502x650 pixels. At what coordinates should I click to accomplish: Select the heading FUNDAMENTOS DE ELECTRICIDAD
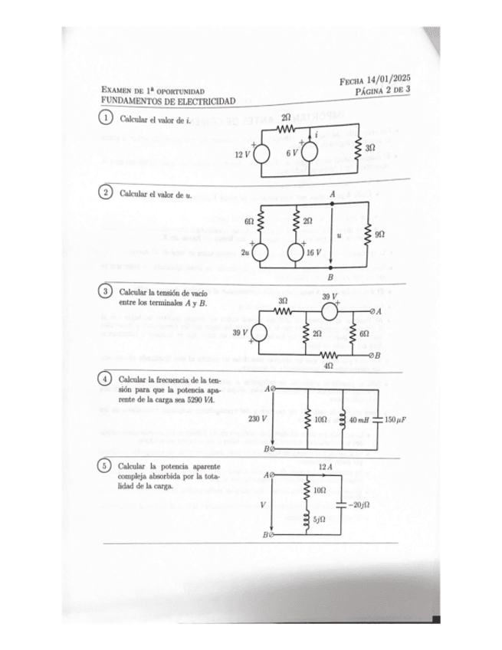(169, 101)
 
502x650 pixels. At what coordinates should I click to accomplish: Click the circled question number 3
(107, 292)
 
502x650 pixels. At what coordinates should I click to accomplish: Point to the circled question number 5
(107, 466)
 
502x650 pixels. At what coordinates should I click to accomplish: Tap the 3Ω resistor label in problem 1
(369, 146)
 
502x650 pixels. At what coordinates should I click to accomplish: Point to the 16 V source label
(312, 251)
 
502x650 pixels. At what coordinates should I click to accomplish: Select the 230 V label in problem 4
(258, 419)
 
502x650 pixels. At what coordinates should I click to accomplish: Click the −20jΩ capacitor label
(358, 504)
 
